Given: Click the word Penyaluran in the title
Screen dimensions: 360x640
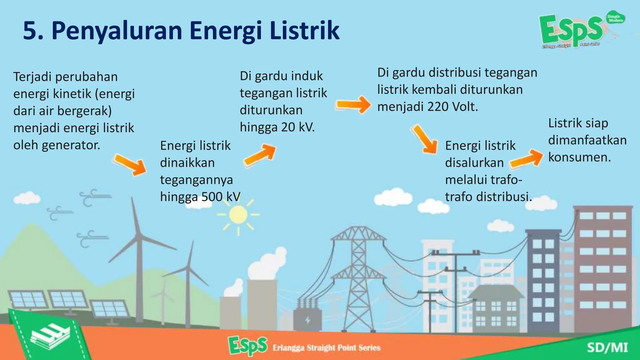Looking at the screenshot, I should pos(117,31).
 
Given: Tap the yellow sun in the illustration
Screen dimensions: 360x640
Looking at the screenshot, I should pos(238,215).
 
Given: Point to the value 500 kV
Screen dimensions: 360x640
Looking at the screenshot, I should pos(221,197).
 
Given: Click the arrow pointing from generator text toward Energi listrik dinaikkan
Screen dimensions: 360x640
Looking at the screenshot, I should pos(130,164).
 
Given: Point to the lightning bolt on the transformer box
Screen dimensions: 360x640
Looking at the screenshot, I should pos(307,320).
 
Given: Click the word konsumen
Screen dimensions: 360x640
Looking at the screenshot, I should pos(579,157).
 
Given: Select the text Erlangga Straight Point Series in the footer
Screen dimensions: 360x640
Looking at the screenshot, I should pos(326,348).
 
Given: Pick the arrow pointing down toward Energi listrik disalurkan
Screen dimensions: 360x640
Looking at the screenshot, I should pos(425,139).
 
